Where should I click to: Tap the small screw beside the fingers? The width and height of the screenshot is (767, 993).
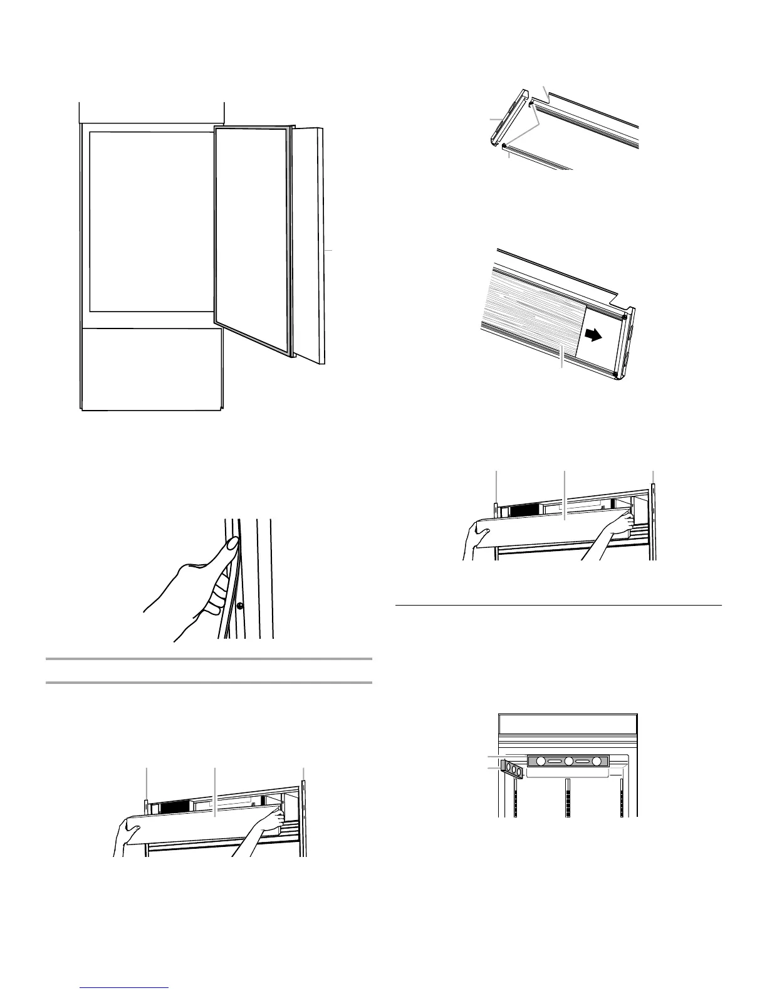[239, 606]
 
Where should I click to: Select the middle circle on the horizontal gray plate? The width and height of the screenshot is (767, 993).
[569, 761]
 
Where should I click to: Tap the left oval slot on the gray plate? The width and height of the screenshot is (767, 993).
[553, 761]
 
